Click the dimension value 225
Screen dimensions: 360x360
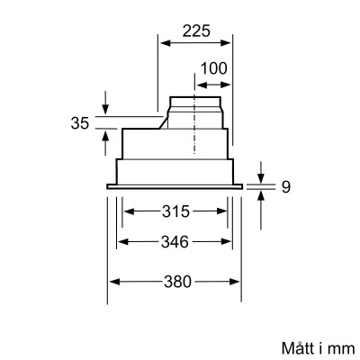[195, 30]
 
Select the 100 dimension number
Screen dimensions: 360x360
[213, 68]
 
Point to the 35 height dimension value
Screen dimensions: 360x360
[81, 123]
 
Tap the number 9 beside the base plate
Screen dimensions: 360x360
[284, 188]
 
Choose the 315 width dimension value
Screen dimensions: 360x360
[176, 212]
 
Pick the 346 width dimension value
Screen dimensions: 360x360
[176, 242]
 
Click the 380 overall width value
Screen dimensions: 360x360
[176, 282]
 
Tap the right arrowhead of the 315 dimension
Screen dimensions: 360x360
[226, 212]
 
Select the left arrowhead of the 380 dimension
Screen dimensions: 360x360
[112, 282]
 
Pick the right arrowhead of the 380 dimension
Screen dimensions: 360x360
[240, 282]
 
